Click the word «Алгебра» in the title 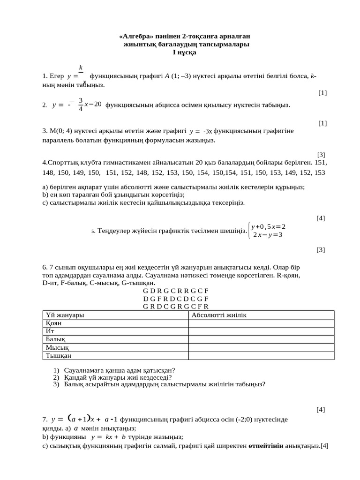(134, 37)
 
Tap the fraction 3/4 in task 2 (81, 105)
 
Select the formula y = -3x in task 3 (201, 131)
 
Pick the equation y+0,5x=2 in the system (268, 226)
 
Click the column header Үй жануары (64, 315)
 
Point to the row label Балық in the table (55, 339)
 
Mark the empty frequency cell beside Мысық (261, 347)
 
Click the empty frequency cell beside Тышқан (261, 356)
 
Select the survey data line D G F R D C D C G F (176, 299)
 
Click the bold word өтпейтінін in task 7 (265, 446)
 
